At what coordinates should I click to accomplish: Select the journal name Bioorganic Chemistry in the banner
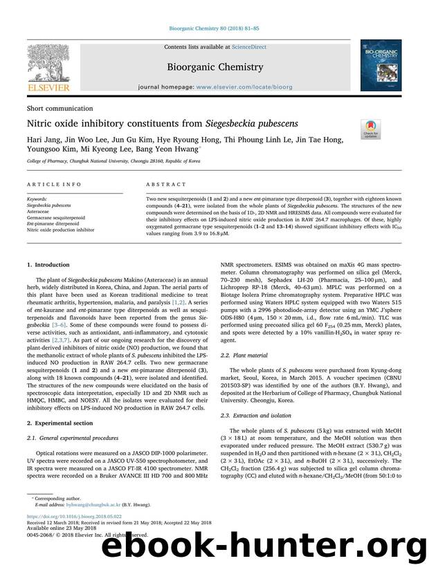[x=214, y=67]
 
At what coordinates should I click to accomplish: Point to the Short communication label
[x=60, y=109]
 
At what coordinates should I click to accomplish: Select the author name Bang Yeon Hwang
[x=172, y=150]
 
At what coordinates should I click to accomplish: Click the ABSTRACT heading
[x=166, y=185]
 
